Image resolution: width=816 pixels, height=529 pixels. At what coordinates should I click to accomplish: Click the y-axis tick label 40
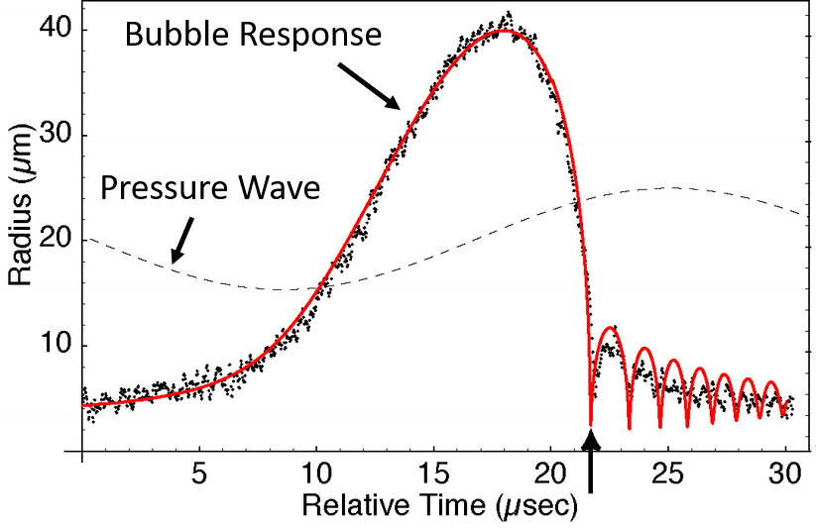tap(55, 28)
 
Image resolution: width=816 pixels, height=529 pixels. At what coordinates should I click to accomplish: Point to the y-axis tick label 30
tap(55, 134)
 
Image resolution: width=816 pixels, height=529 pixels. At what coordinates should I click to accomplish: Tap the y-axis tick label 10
tap(55, 345)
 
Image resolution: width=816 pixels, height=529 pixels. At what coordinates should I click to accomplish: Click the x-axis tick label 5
tap(199, 474)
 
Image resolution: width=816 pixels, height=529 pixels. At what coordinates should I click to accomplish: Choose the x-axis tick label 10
tap(317, 474)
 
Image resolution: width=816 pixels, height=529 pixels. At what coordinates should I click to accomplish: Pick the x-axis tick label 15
tap(434, 474)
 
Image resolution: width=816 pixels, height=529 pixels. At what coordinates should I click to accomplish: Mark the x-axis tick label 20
tap(551, 474)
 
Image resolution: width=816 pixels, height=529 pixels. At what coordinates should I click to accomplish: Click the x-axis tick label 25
tap(668, 474)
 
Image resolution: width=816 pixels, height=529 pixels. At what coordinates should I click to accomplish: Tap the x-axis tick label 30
tap(786, 474)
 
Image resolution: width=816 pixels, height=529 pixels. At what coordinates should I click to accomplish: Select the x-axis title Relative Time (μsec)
tap(440, 505)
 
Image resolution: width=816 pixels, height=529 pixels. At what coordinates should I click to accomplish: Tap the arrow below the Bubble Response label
tap(370, 87)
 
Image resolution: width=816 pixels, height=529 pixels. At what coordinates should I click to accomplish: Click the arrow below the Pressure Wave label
tap(182, 241)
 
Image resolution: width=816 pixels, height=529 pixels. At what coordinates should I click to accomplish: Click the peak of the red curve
tap(504, 30)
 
